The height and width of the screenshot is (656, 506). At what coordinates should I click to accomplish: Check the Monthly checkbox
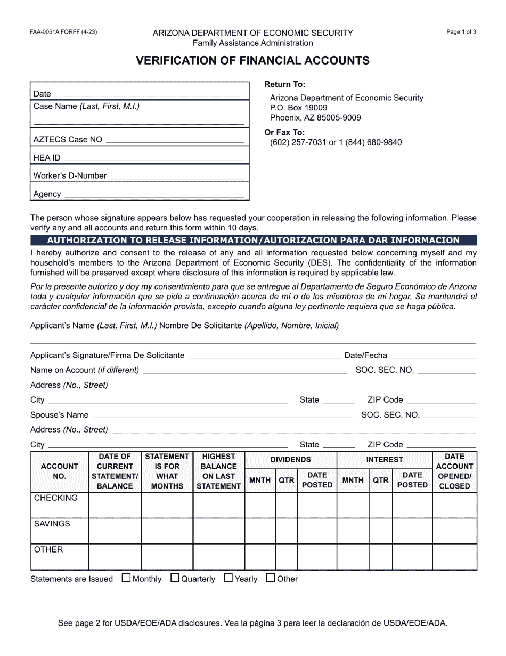126,578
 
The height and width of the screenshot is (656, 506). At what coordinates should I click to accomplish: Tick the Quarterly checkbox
175,578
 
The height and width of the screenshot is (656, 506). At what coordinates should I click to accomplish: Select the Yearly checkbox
228,578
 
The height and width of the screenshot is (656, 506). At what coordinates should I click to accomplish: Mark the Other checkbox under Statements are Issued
271,578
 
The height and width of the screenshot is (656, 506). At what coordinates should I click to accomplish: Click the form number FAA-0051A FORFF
63,32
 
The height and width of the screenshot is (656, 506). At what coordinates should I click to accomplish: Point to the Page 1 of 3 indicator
461,32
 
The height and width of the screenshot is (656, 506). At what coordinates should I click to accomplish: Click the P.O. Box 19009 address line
298,108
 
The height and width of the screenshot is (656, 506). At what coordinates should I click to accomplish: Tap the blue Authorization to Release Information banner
253,240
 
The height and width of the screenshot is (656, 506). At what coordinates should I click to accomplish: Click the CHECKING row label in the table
56,498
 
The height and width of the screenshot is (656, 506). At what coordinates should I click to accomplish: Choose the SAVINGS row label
52,524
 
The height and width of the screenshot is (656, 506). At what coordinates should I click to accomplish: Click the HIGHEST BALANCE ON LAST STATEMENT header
218,471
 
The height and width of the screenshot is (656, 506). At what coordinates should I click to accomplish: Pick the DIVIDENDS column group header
290,460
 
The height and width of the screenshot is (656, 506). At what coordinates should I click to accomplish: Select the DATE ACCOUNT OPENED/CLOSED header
454,471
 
